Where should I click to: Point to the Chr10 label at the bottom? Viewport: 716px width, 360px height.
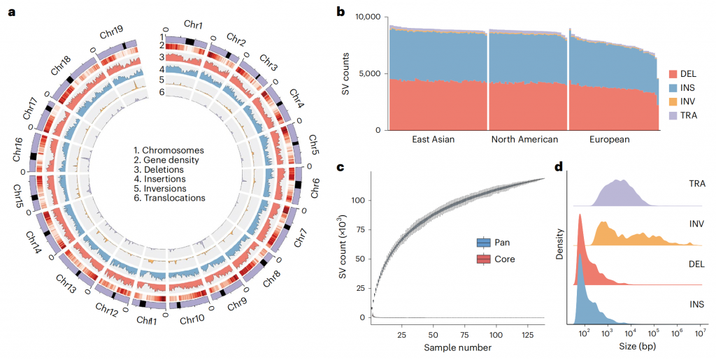coord(191,319)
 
